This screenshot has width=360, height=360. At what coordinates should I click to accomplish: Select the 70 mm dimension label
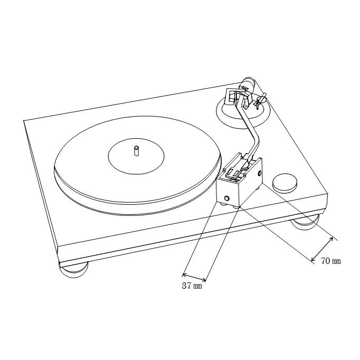pos(331,261)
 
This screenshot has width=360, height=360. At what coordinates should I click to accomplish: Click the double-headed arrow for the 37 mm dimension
pos(194,277)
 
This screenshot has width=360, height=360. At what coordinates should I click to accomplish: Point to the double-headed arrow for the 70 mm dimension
pos(323,249)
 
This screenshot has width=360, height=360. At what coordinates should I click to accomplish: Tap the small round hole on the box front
pos(226,197)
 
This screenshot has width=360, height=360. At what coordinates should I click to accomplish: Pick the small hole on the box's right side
pos(260,173)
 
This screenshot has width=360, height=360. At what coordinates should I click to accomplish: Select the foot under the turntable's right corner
pos(305,222)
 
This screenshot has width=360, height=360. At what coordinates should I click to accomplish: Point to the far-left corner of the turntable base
pos(24,122)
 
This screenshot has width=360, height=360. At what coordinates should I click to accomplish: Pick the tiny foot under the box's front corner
pos(236,207)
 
